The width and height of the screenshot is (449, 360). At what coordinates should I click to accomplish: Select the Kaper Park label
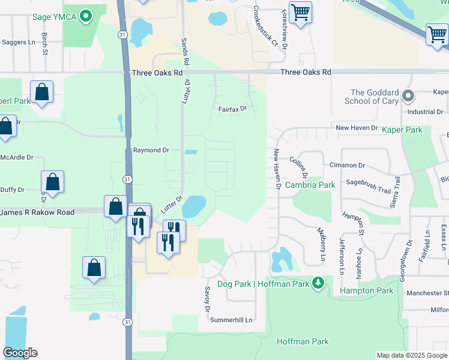pos(402,130)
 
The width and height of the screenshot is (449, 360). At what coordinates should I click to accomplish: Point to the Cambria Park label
pos(310,185)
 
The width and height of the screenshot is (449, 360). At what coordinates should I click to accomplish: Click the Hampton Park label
pos(366,290)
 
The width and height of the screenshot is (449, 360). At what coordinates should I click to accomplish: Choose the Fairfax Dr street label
pos(232,109)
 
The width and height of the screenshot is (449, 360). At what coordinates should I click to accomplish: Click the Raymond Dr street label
pos(151,150)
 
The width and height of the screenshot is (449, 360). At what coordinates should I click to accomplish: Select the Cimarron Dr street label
pos(347,165)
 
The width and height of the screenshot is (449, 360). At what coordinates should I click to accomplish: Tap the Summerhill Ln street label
pos(231,320)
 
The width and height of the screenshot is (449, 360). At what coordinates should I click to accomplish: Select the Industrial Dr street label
pos(424,112)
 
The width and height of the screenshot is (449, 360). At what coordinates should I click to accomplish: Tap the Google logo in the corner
pos(19,353)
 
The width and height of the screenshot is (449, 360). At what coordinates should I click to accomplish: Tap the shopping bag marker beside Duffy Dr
pos(53,183)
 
